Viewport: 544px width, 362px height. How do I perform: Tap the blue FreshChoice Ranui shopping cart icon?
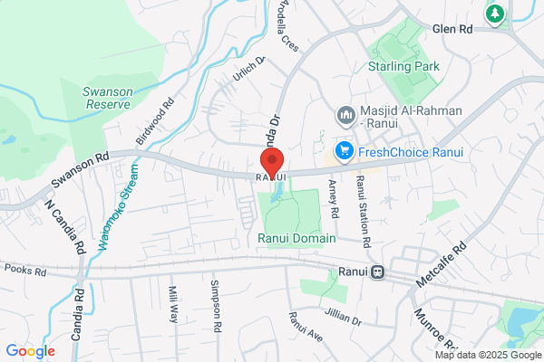coord(344,151)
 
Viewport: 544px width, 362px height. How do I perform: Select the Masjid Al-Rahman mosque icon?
coord(345,116)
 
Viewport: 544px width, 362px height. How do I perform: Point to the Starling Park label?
coord(403,67)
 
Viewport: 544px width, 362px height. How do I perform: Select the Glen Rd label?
coord(453,29)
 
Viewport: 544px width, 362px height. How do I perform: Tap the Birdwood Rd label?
coord(153,121)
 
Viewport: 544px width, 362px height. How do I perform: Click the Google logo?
coord(31,351)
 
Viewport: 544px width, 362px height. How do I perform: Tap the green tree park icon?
coord(495,14)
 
